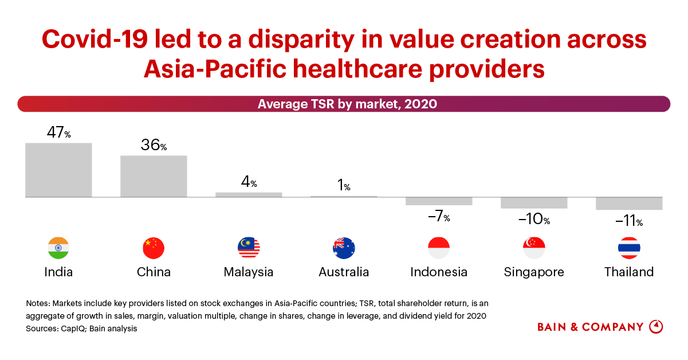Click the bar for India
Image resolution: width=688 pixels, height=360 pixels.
pyautogui.click(x=58, y=170)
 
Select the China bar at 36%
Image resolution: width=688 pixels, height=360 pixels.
pyautogui.click(x=154, y=176)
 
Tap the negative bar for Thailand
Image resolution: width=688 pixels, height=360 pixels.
pyautogui.click(x=629, y=204)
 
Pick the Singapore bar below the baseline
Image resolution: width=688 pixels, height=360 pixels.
pyautogui.click(x=534, y=203)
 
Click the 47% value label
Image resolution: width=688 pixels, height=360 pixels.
pyautogui.click(x=58, y=133)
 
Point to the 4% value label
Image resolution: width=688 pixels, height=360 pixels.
pyautogui.click(x=249, y=183)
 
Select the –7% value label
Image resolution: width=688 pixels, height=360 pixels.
pyautogui.click(x=439, y=217)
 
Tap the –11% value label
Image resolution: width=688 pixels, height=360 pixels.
pyautogui.click(x=629, y=221)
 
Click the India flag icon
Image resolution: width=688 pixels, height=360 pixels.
pyautogui.click(x=58, y=248)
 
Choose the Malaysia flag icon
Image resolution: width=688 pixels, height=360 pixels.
pyautogui.click(x=249, y=248)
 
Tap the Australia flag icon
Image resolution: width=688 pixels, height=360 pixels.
pyautogui.click(x=344, y=248)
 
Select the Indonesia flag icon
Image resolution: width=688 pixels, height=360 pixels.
pyautogui.click(x=439, y=248)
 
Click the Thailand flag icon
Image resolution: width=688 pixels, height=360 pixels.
pyautogui.click(x=629, y=248)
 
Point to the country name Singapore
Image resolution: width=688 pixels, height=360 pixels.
pyautogui.click(x=534, y=272)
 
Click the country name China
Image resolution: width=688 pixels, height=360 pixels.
pyautogui.click(x=154, y=272)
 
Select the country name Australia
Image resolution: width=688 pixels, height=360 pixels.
pyautogui.click(x=344, y=272)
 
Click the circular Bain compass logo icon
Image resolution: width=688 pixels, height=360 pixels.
pyautogui.click(x=656, y=327)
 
